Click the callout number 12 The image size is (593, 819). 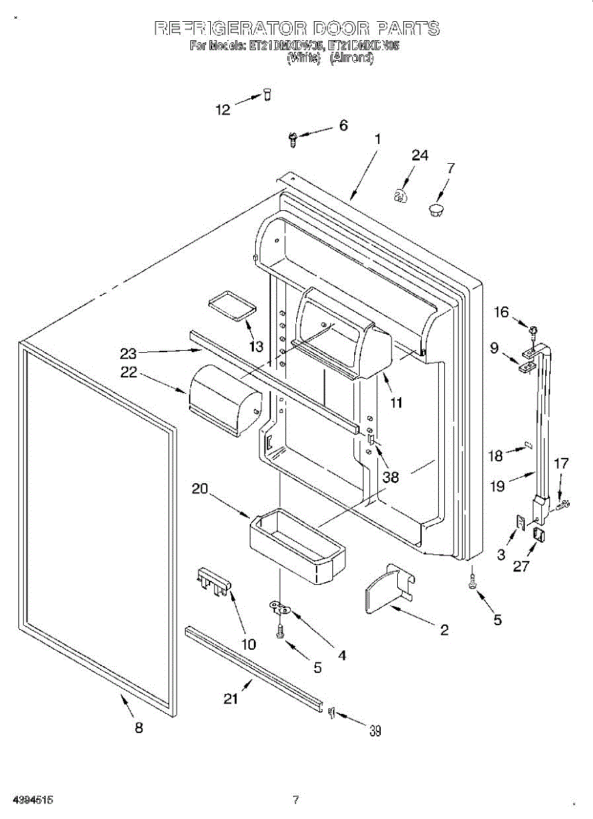click(x=224, y=109)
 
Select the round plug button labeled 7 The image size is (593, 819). click(x=435, y=208)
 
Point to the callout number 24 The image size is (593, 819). click(x=420, y=156)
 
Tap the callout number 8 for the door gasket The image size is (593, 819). click(x=139, y=728)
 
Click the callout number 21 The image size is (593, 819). click(x=233, y=698)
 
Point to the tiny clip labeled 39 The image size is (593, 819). click(x=332, y=713)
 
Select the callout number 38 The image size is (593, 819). click(x=390, y=477)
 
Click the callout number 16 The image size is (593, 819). click(x=502, y=312)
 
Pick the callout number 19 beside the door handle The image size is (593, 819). click(x=497, y=486)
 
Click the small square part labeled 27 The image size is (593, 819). click(x=538, y=535)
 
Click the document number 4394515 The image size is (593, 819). click(x=28, y=799)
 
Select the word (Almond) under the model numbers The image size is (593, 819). click(x=352, y=58)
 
